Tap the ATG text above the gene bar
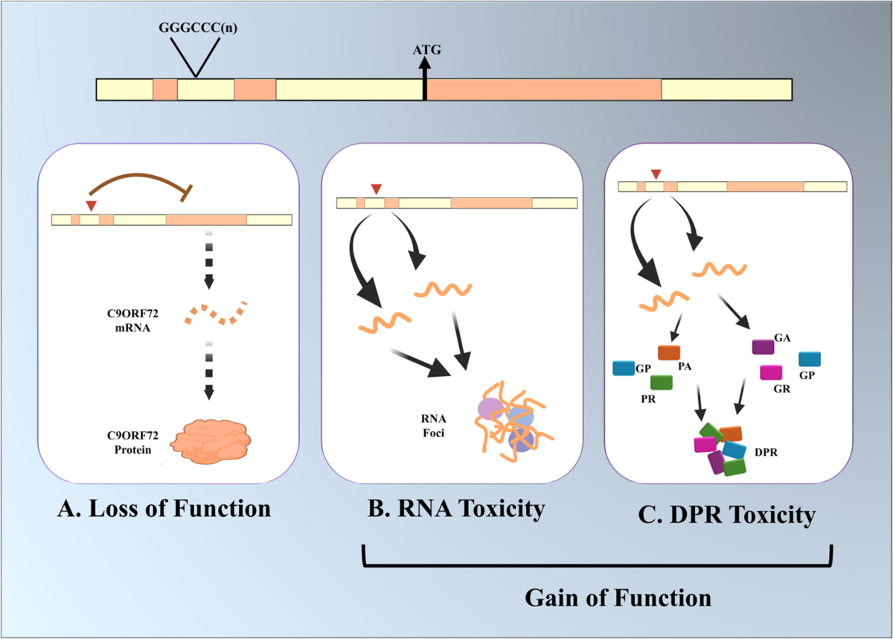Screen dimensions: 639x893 tap(425, 51)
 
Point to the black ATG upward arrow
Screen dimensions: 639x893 tap(425, 79)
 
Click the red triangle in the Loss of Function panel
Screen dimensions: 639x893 tap(91, 205)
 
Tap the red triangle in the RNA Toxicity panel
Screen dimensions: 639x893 tap(377, 188)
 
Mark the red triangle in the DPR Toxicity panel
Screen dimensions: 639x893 tap(655, 174)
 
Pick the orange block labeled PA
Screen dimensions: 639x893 tap(669, 353)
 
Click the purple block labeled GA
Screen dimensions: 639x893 tap(763, 347)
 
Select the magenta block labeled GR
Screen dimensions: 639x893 tap(770, 372)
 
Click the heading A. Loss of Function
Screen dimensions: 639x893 tap(164, 510)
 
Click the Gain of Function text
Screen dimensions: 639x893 tap(618, 597)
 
